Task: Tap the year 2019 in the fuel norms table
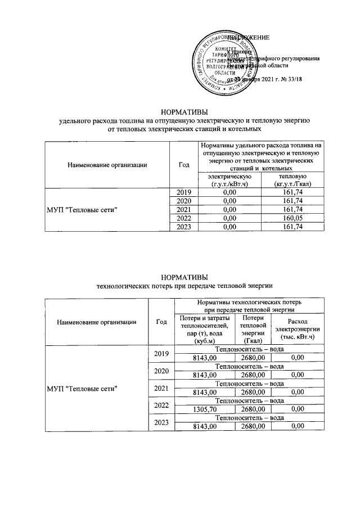184,192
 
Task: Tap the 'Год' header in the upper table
184,164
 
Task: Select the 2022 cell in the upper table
184,218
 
